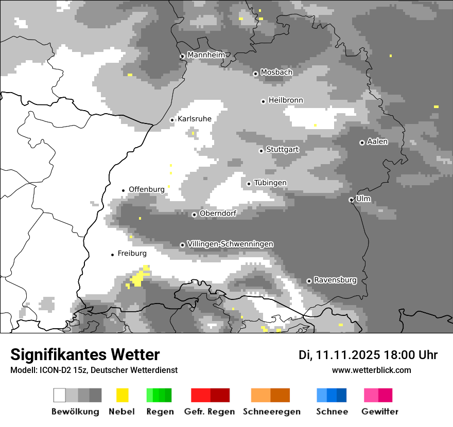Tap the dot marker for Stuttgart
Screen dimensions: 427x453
click(x=262, y=151)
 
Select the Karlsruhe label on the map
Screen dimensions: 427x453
click(x=195, y=119)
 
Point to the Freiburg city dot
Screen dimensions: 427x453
click(x=112, y=255)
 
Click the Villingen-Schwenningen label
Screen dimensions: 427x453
click(x=230, y=244)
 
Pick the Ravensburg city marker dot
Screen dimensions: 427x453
click(x=309, y=281)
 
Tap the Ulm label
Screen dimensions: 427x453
click(x=363, y=199)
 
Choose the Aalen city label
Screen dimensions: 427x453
click(x=378, y=141)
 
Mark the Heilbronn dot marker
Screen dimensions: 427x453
click(x=263, y=101)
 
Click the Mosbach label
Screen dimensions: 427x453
click(x=276, y=73)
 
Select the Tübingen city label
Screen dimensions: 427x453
click(x=270, y=183)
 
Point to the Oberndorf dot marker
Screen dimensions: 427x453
click(x=194, y=215)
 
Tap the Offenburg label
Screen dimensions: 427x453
click(x=147, y=189)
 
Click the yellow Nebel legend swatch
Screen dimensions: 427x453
click(x=123, y=395)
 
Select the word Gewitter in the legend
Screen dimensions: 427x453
click(x=380, y=412)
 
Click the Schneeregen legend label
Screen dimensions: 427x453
click(x=272, y=412)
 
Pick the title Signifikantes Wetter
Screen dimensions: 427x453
click(x=85, y=354)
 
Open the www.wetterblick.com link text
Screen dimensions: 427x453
click(x=372, y=370)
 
